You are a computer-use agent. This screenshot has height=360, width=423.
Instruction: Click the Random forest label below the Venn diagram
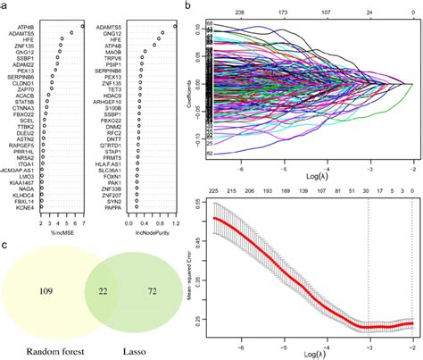point(44,350)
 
